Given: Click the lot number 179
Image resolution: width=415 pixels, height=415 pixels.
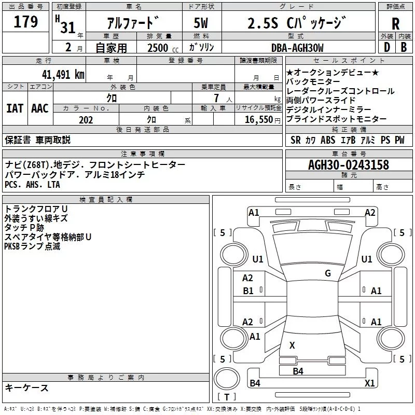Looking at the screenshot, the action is tap(25, 22).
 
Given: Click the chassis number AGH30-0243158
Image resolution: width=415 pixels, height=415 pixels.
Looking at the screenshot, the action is tap(348, 165).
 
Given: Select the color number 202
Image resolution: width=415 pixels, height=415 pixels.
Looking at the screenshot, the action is tap(86, 119).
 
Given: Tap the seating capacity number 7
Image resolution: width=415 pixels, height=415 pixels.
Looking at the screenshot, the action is tap(215, 98).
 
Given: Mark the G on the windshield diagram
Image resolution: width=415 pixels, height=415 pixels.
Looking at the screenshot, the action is tap(327, 273).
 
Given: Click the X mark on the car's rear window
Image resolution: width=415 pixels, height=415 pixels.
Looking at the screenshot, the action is tap(292, 345).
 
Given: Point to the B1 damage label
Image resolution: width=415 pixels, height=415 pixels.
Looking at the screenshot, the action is tap(248, 291).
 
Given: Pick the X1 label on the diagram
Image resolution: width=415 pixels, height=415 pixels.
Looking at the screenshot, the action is tap(369, 383).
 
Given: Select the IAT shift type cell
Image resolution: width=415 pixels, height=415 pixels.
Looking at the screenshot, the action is tap(15, 108).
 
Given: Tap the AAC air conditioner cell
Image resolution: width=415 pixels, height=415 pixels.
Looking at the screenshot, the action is tap(40, 108).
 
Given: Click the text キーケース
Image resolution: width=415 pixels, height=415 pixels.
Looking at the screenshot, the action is tap(27, 388).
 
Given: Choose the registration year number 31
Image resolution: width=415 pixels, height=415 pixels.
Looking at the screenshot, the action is tap(68, 26).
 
